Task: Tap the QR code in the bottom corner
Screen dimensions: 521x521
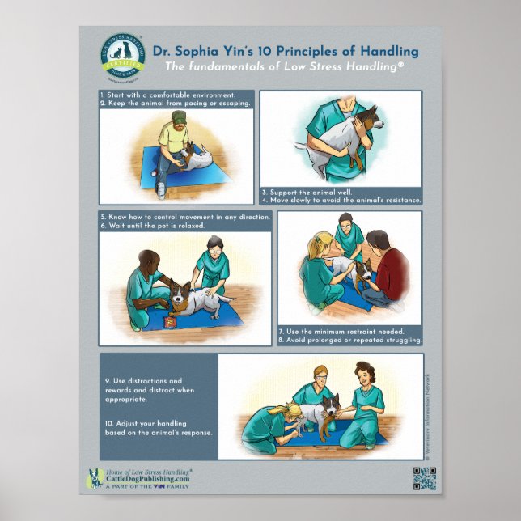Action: click(425, 479)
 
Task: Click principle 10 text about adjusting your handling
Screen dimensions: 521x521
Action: click(158, 427)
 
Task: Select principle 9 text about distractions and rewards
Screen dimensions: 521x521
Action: click(150, 389)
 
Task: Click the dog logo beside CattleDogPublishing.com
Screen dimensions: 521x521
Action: click(93, 479)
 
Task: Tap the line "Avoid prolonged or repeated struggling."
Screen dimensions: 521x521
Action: click(349, 341)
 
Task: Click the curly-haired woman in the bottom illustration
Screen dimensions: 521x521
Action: click(364, 405)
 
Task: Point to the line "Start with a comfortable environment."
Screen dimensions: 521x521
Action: click(167, 95)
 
